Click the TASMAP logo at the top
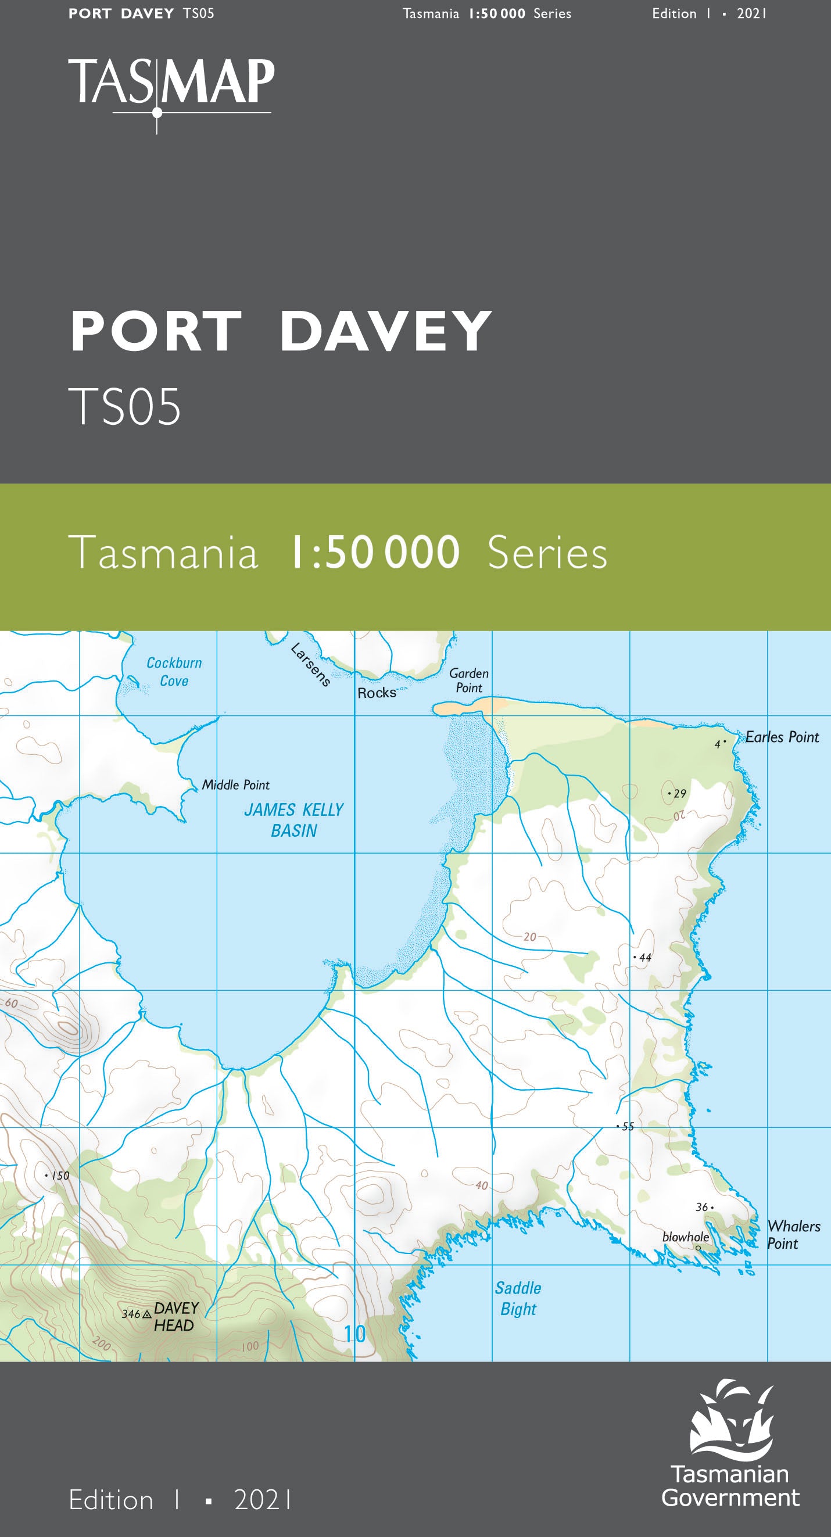(x=171, y=84)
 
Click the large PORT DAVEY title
(x=280, y=331)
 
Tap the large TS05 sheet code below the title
(x=124, y=407)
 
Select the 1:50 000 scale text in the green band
(x=374, y=553)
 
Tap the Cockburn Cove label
(x=174, y=672)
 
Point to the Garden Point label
(x=469, y=680)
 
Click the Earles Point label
(x=782, y=737)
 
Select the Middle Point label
(x=235, y=785)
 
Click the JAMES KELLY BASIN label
(x=293, y=821)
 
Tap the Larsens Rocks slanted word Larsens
(x=311, y=665)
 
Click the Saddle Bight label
(x=518, y=1298)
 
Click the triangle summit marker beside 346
(x=147, y=1314)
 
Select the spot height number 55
(x=628, y=1127)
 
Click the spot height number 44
(x=645, y=958)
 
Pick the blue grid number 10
(x=355, y=1334)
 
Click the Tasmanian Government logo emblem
(x=732, y=1418)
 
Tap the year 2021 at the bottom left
(x=263, y=1500)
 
